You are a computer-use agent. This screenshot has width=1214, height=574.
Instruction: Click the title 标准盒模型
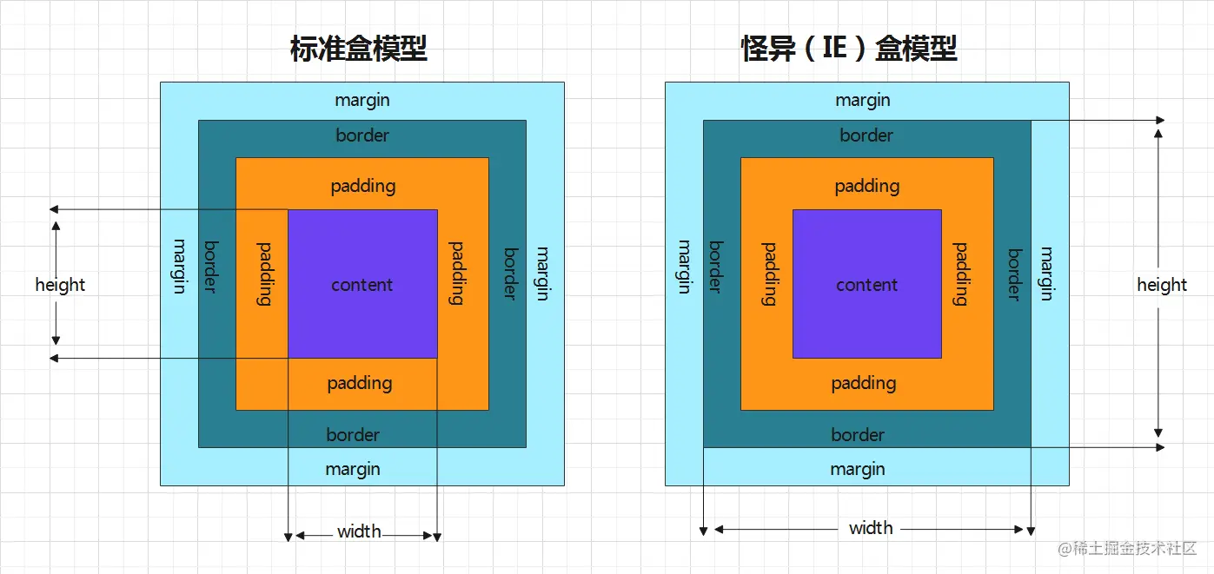click(x=359, y=49)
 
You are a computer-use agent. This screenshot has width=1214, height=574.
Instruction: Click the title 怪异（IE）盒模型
click(x=848, y=49)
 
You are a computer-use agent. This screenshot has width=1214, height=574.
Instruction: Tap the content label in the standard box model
click(x=362, y=285)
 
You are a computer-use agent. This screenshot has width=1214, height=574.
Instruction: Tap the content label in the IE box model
click(x=866, y=285)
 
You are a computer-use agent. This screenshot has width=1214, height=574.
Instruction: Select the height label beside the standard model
click(x=60, y=285)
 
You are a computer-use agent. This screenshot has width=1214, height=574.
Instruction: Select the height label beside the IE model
click(x=1162, y=285)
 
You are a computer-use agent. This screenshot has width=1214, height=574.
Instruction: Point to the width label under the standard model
click(x=359, y=531)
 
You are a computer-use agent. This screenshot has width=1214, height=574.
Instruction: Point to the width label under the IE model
click(x=871, y=528)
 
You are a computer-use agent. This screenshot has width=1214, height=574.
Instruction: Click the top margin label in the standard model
click(x=362, y=100)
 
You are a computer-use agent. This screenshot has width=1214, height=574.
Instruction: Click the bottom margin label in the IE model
click(x=858, y=469)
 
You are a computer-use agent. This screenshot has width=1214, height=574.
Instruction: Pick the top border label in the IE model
click(x=866, y=135)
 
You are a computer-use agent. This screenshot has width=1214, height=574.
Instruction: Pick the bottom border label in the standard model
click(x=353, y=435)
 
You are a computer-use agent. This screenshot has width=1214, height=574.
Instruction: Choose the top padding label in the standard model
click(x=363, y=186)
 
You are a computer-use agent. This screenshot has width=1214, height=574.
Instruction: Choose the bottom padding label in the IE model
click(x=864, y=383)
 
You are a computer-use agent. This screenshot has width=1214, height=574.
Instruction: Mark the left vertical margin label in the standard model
click(x=179, y=266)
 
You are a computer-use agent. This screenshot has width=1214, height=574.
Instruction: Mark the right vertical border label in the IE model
click(x=1013, y=274)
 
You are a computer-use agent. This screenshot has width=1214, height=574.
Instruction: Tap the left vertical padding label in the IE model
click(x=769, y=274)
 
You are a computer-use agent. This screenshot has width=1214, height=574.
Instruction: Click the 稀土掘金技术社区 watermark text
click(x=1127, y=549)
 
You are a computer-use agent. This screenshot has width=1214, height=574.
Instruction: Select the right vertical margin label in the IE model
click(x=1046, y=273)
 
